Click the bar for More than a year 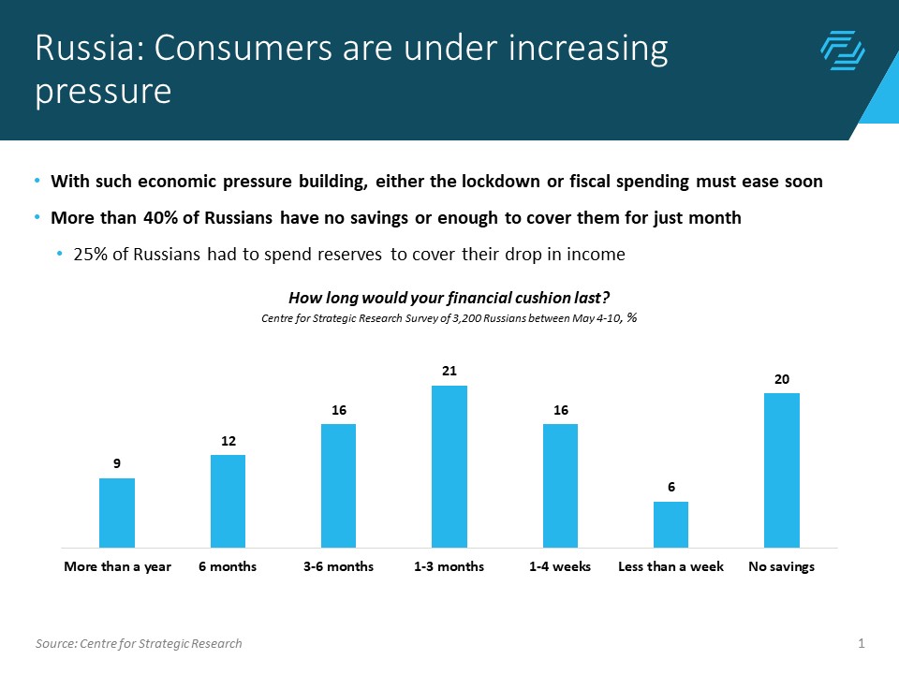pyautogui.click(x=117, y=512)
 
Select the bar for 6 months pyautogui.click(x=228, y=501)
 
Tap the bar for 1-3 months pyautogui.click(x=449, y=466)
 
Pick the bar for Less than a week pyautogui.click(x=671, y=524)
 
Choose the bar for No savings pyautogui.click(x=782, y=470)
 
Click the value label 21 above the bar pyautogui.click(x=449, y=372)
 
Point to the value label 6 pyautogui.click(x=671, y=488)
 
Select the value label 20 pyautogui.click(x=782, y=379)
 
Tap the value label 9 pyautogui.click(x=117, y=463)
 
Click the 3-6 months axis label pyautogui.click(x=338, y=567)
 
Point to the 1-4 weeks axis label pyautogui.click(x=560, y=567)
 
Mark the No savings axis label pyautogui.click(x=781, y=567)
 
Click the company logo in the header pyautogui.click(x=842, y=51)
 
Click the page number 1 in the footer pyautogui.click(x=861, y=643)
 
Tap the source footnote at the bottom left pyautogui.click(x=139, y=643)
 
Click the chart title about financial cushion pyautogui.click(x=449, y=299)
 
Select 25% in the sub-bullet pyautogui.click(x=90, y=255)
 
